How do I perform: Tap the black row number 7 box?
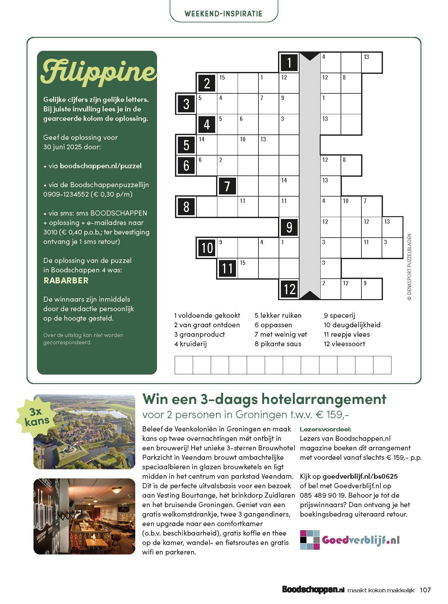click(227, 186)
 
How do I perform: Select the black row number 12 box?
click(289, 289)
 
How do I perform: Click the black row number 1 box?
click(289, 62)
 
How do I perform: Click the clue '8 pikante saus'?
click(278, 344)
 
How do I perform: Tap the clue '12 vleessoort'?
click(344, 344)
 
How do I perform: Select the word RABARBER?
click(66, 280)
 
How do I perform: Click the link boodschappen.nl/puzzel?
click(100, 166)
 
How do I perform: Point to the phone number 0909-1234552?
click(66, 194)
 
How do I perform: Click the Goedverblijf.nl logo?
click(350, 540)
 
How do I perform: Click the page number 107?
click(425, 590)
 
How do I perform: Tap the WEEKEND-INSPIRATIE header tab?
click(223, 14)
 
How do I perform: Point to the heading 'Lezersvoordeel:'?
click(325, 429)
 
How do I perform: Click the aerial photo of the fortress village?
click(84, 431)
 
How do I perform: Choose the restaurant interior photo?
click(84, 516)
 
